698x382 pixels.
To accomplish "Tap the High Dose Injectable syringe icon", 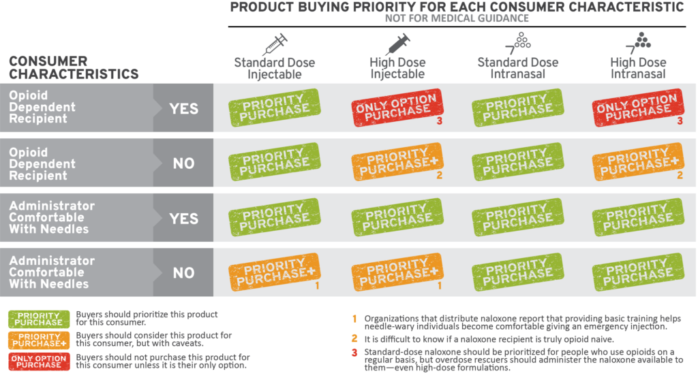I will (x=397, y=44).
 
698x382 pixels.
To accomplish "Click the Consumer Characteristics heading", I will (x=74, y=67).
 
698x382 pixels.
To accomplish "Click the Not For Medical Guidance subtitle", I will (x=457, y=18).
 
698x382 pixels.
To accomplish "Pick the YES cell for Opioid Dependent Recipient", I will (x=183, y=108).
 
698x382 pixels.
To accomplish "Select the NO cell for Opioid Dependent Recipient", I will (x=183, y=163).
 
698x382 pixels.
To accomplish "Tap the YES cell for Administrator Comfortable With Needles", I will (x=183, y=219).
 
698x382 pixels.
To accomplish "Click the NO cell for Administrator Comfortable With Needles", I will (x=183, y=273).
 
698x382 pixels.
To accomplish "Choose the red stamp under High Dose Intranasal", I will (x=637, y=108).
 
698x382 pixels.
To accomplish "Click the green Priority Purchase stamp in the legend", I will (x=40, y=319).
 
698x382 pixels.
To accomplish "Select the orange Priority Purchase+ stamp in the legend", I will (x=40, y=340).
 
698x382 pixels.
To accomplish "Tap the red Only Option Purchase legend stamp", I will (x=40, y=361).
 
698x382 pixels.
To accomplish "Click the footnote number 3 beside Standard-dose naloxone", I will (x=354, y=351).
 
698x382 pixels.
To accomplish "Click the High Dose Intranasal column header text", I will (x=638, y=68).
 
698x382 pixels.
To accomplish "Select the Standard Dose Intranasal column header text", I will (x=517, y=68).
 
